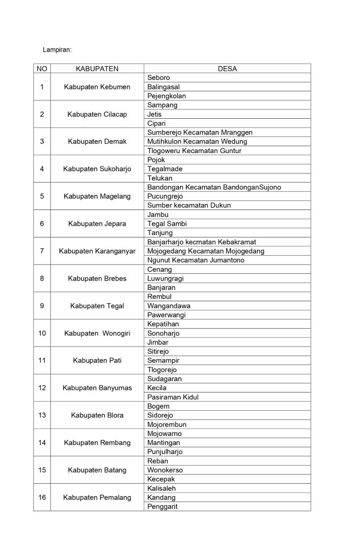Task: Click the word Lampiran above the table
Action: (57, 50)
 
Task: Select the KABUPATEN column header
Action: (97, 69)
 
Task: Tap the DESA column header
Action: (227, 69)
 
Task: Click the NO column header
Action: (42, 69)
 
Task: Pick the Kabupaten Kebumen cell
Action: (97, 87)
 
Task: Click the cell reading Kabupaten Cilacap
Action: (97, 114)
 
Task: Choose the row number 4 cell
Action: (42, 169)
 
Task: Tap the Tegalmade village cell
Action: (165, 169)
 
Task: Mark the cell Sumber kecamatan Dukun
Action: (189, 205)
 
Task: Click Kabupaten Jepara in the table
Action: (97, 224)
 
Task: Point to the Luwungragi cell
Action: (165, 278)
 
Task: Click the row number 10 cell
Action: (42, 333)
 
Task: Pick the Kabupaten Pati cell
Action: (97, 361)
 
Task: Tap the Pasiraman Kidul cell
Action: (173, 397)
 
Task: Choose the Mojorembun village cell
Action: (167, 424)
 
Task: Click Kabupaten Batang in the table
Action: (97, 470)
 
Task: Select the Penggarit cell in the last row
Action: (162, 506)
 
